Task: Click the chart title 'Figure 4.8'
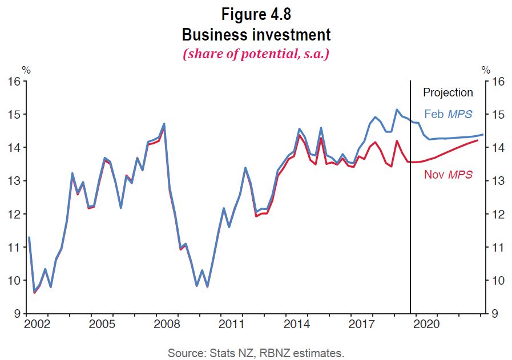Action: pos(256,13)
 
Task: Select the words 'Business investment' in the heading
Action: pos(256,34)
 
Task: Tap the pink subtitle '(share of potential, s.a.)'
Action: pos(256,55)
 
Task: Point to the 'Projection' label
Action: pos(448,92)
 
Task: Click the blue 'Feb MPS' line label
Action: pos(448,114)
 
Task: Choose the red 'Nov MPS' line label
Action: pos(448,175)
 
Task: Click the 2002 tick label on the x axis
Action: pos(37,324)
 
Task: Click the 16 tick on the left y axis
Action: pos(14,82)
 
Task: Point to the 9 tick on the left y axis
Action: pos(17,314)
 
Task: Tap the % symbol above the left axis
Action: pos(26,70)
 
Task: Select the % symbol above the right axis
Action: pos(486,70)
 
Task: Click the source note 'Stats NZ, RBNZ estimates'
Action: pos(256,353)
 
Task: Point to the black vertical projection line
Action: pos(410,228)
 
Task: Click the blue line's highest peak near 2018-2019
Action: pos(397,110)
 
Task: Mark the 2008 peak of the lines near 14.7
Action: pos(164,124)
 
